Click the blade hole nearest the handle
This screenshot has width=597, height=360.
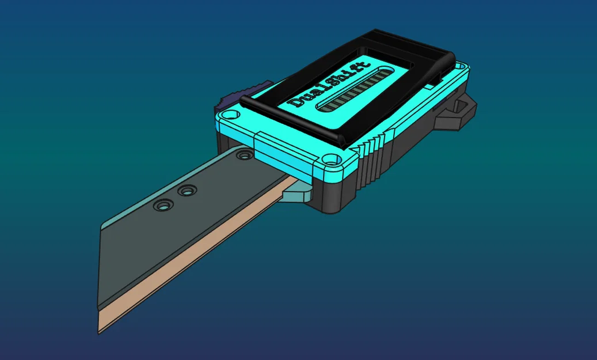[x=244, y=155]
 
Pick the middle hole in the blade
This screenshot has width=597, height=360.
[x=186, y=190]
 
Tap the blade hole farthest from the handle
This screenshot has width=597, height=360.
[x=162, y=205]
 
